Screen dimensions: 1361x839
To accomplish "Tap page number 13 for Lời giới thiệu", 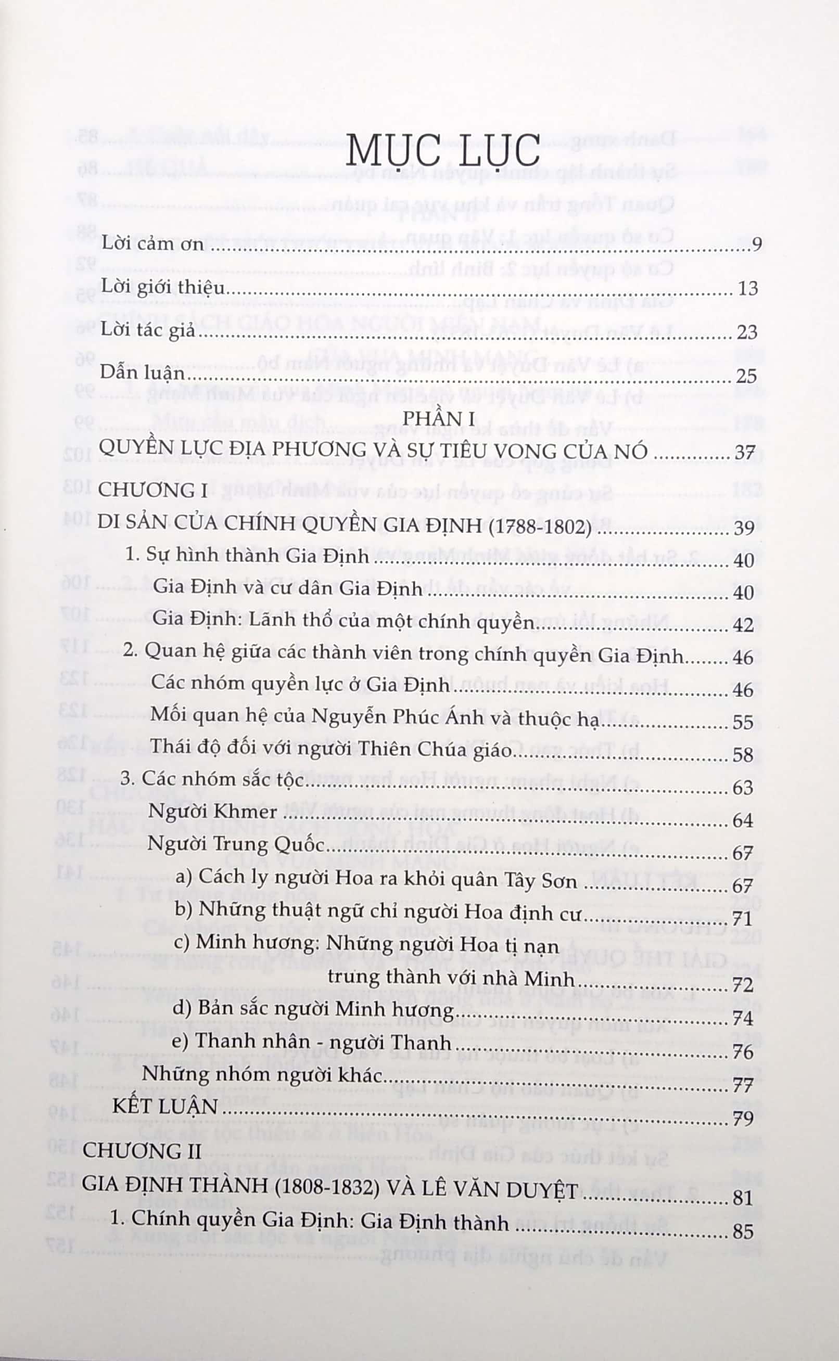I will pyautogui.click(x=747, y=288).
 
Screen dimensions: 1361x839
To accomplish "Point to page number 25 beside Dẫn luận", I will pyautogui.click(x=746, y=376).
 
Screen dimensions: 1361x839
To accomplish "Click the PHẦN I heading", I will pyautogui.click(x=438, y=418).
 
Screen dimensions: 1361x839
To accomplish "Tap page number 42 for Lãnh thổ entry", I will pyautogui.click(x=743, y=625).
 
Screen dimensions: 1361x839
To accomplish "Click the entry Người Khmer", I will pyautogui.click(x=212, y=812).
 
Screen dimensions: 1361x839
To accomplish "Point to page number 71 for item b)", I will pyautogui.click(x=742, y=918).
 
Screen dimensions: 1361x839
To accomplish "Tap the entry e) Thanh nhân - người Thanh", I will pyautogui.click(x=311, y=1041).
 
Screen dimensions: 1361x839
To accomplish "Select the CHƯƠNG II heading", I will pyautogui.click(x=142, y=1151).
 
